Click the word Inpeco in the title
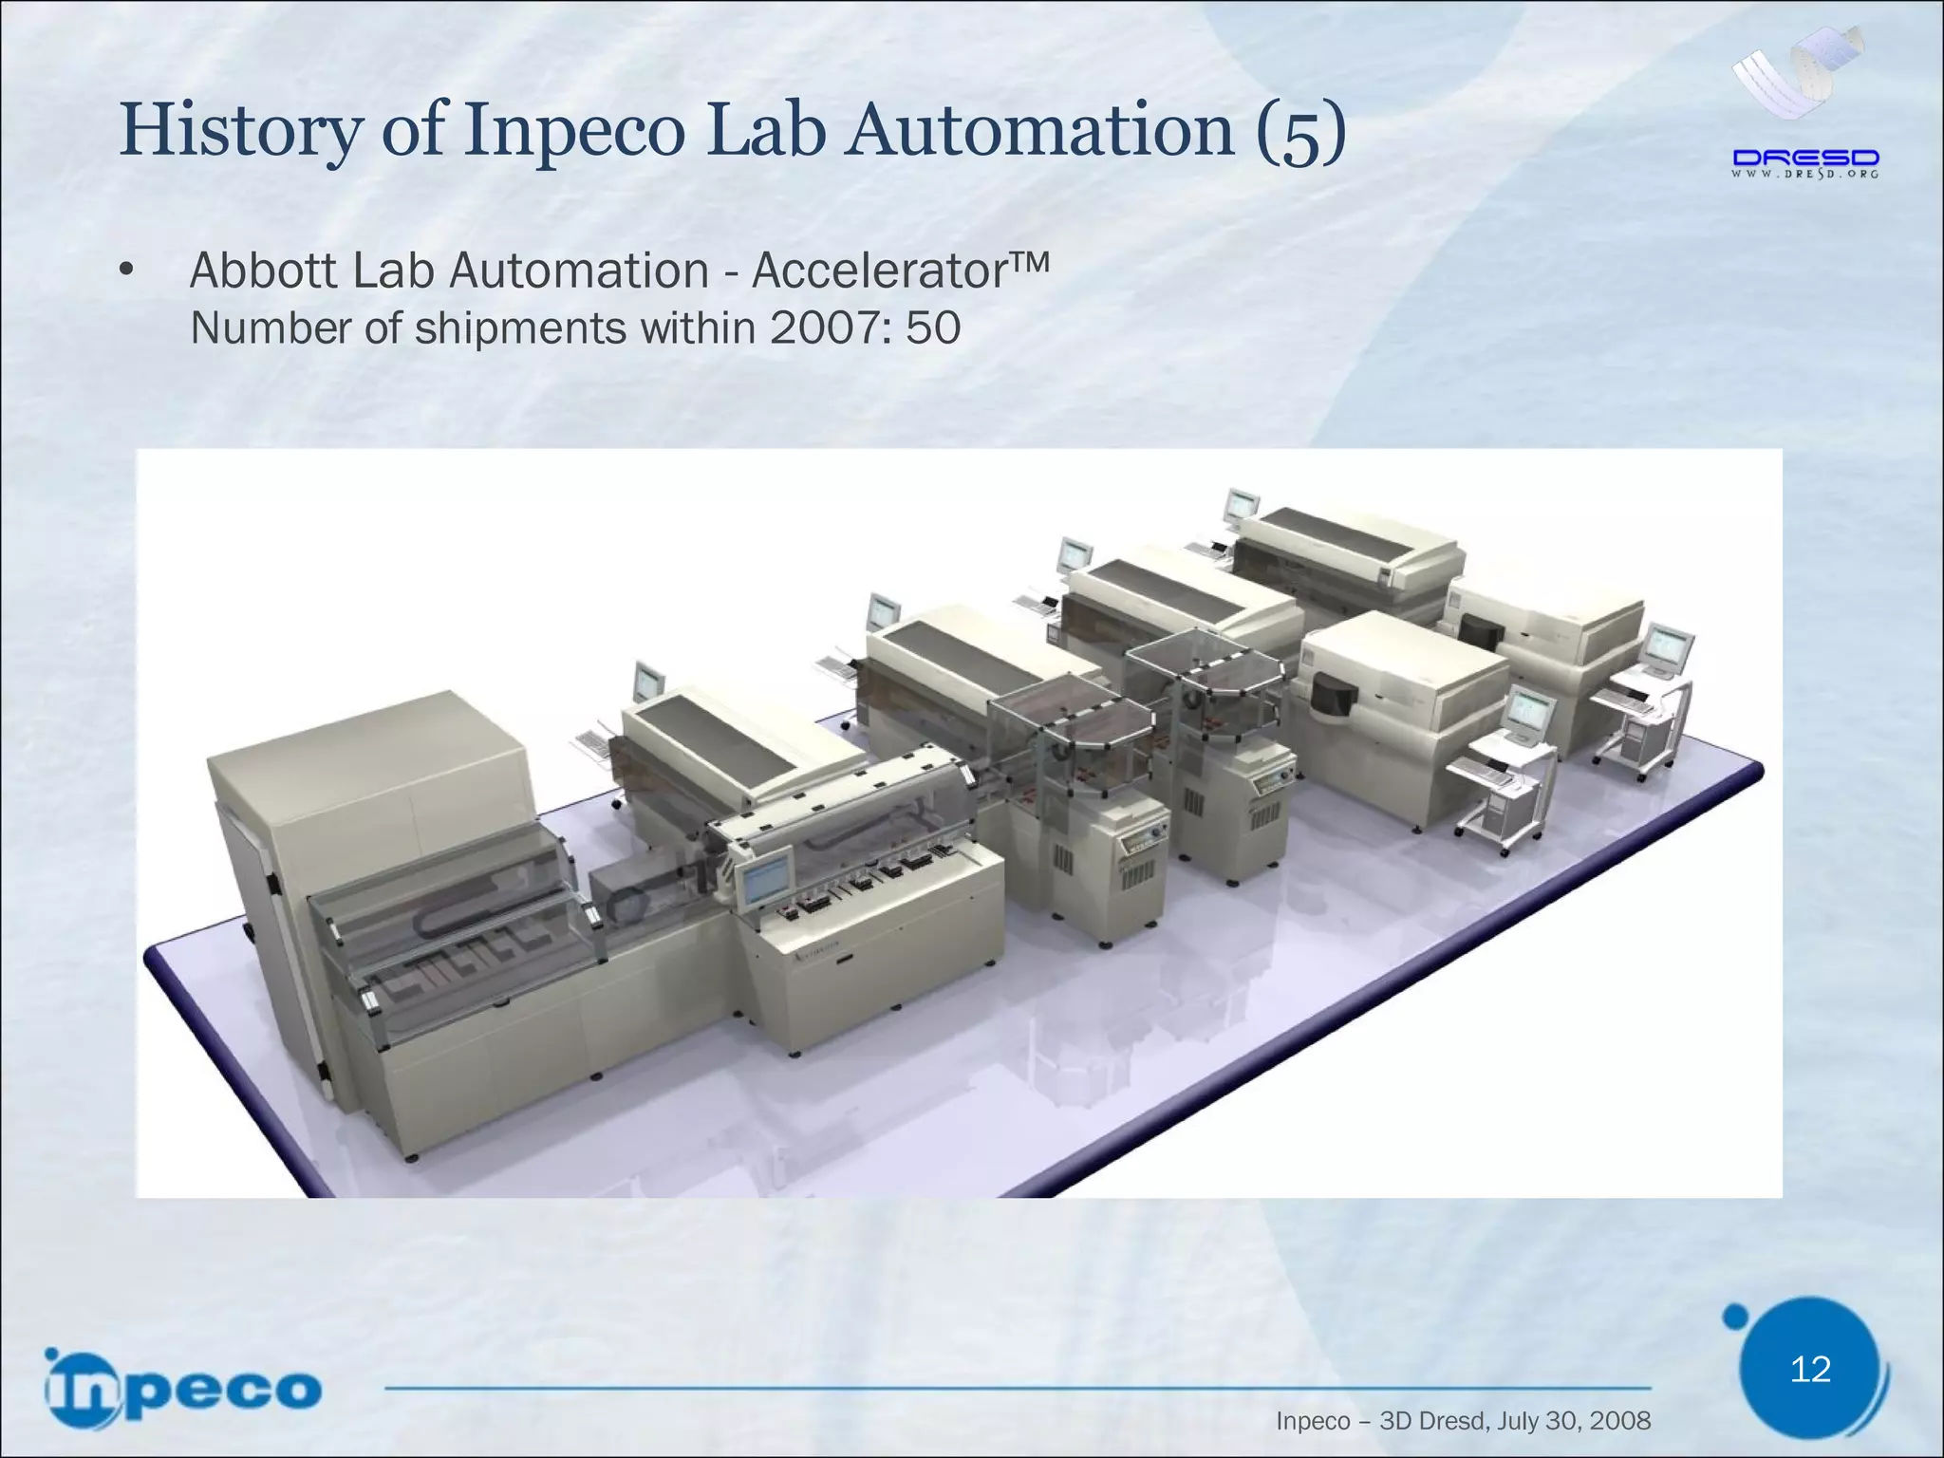tap(573, 132)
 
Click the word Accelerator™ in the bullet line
tap(900, 271)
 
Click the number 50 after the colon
tap(933, 329)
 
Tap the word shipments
tap(520, 329)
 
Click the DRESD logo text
tap(1805, 158)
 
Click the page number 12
tap(1810, 1369)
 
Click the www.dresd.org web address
tap(1805, 175)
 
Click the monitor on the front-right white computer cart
tap(1530, 714)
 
